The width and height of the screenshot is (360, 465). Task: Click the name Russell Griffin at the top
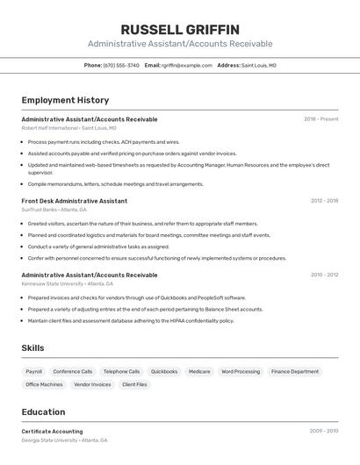pyautogui.click(x=180, y=29)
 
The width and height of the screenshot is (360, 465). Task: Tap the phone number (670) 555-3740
pyautogui.click(x=121, y=65)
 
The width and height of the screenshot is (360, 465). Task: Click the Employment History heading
pyautogui.click(x=65, y=100)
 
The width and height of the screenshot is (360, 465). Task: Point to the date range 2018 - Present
pyautogui.click(x=320, y=118)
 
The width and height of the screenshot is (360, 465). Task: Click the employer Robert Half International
pyautogui.click(x=49, y=127)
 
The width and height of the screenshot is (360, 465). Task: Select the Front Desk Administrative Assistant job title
pyautogui.click(x=74, y=200)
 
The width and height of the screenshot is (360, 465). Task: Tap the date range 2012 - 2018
pyautogui.click(x=324, y=200)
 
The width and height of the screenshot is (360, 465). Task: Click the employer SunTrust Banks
pyautogui.click(x=39, y=210)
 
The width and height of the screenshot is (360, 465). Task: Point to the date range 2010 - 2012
pyautogui.click(x=324, y=275)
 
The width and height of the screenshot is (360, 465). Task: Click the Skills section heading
pyautogui.click(x=32, y=348)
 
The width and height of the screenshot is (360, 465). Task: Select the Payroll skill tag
pyautogui.click(x=34, y=371)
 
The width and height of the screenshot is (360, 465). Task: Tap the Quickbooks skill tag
pyautogui.click(x=164, y=371)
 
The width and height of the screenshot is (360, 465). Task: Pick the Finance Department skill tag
pyautogui.click(x=295, y=371)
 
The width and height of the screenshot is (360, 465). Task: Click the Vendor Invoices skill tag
pyautogui.click(x=92, y=384)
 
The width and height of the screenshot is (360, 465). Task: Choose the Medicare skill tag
pyautogui.click(x=199, y=371)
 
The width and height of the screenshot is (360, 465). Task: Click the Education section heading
pyautogui.click(x=43, y=411)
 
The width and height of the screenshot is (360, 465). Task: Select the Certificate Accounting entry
pyautogui.click(x=52, y=431)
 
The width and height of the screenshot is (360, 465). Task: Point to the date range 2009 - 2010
pyautogui.click(x=324, y=431)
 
